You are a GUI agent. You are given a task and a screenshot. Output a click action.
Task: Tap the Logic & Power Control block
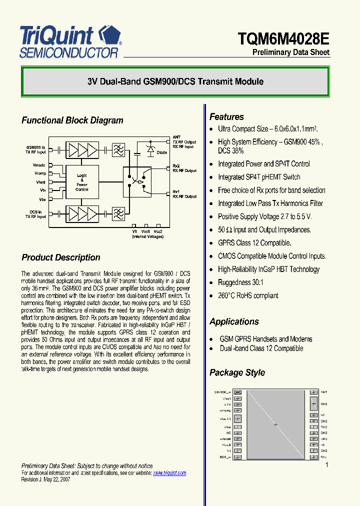point(82,182)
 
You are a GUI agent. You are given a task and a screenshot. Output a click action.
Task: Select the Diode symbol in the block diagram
point(150,149)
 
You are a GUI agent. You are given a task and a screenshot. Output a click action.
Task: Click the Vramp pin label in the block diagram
point(40,173)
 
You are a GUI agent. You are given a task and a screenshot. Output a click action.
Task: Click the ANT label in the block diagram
point(176,137)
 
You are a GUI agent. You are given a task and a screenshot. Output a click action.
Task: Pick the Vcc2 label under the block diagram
point(158,231)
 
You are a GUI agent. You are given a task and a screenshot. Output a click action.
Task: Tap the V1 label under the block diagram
point(134,231)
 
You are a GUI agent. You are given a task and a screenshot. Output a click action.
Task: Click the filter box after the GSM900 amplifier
point(118,149)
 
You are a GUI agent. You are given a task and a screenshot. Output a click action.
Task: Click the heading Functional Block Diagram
point(72,120)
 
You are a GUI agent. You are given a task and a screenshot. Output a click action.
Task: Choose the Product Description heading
point(60,257)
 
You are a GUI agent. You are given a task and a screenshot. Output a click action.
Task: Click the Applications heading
point(234,321)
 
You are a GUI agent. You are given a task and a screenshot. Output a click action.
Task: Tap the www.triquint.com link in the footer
point(169,473)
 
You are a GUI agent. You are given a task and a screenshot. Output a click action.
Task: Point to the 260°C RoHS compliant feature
point(248,295)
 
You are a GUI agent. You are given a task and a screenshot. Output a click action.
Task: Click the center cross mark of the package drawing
point(275,424)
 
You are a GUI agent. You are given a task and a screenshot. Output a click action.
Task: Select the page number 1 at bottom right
point(326,465)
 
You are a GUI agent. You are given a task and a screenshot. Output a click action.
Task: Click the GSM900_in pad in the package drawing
point(237,392)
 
